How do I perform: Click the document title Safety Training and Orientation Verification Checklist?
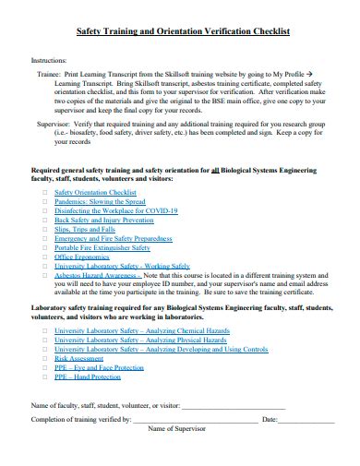pos(181,30)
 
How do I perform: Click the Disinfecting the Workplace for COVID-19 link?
pos(115,211)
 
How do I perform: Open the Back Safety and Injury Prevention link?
pos(103,221)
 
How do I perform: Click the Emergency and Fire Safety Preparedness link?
pos(113,239)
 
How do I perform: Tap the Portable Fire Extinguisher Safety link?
pos(102,248)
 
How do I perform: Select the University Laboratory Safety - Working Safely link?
pos(122,267)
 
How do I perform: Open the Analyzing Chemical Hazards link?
pos(139,330)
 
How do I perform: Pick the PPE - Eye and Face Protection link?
pos(99,368)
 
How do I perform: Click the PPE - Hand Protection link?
pos(87,377)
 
